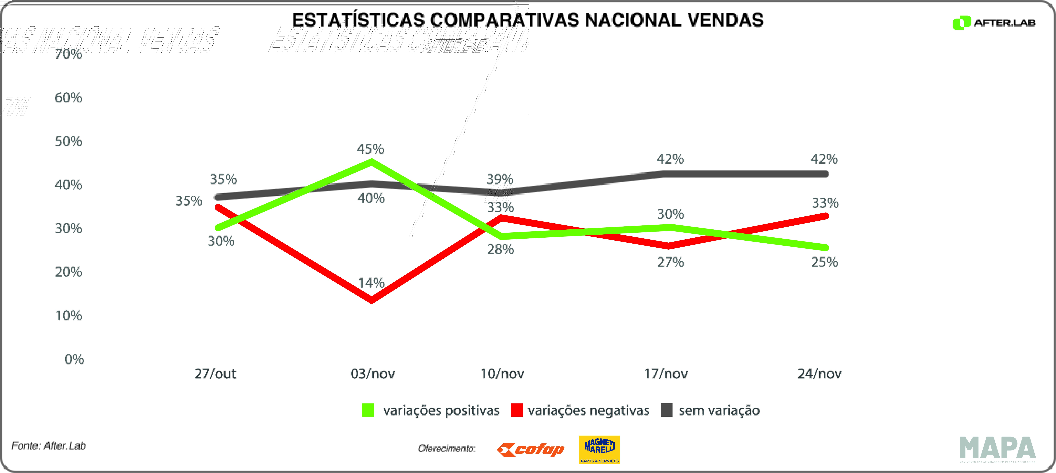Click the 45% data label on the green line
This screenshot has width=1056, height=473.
point(370,149)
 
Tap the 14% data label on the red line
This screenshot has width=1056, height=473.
point(371,283)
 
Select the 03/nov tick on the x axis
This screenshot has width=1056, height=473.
point(373,374)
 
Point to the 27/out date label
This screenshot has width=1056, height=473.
point(215,374)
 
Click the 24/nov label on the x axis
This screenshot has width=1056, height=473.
point(820,374)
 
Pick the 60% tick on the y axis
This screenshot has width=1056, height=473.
point(68,98)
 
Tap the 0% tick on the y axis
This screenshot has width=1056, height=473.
point(74,359)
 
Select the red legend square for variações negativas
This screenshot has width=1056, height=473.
point(517,410)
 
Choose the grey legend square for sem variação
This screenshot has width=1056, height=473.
point(667,410)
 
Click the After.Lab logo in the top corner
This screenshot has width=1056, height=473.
point(994,23)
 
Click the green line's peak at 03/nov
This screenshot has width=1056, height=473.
point(371,161)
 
